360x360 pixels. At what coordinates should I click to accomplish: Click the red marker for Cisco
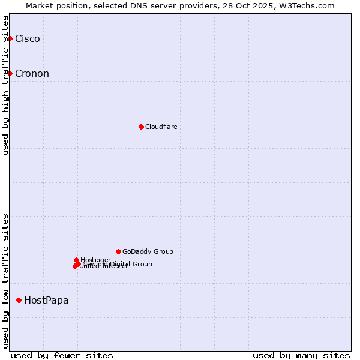point(10,39)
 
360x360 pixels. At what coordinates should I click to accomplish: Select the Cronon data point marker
point(10,74)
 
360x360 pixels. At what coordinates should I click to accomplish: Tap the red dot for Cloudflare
point(141,127)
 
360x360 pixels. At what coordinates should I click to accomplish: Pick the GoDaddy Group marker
point(118,251)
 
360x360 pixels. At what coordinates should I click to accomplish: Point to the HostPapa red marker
point(19,300)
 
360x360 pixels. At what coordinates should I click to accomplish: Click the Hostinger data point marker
point(77,260)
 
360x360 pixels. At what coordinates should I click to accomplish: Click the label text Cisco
point(28,39)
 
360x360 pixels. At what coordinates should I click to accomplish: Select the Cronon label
point(32,74)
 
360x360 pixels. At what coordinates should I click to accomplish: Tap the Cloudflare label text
point(161,127)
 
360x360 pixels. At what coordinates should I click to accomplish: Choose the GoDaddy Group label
point(148,251)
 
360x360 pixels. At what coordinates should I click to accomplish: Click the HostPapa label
point(46,300)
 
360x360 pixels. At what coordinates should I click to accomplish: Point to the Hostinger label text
point(95,260)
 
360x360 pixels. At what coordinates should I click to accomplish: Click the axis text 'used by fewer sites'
point(62,355)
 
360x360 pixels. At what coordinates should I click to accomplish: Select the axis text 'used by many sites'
point(301,355)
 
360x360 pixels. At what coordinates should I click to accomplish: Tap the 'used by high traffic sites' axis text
point(6,85)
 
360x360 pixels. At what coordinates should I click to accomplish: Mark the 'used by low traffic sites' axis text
point(6,280)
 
